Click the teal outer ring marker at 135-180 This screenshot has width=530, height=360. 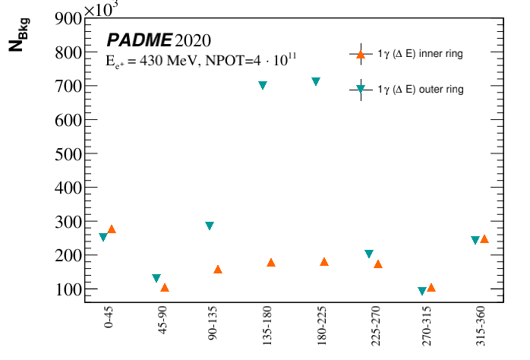pyautogui.click(x=263, y=85)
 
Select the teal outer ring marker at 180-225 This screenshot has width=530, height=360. pyautogui.click(x=316, y=81)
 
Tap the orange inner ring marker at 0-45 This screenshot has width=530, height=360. pyautogui.click(x=112, y=229)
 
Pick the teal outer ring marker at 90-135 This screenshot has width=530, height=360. pyautogui.click(x=210, y=226)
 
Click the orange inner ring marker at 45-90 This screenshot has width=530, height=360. pyautogui.click(x=165, y=287)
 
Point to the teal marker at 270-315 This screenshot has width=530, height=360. pyautogui.click(x=422, y=291)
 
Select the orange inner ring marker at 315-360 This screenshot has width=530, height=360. pyautogui.click(x=484, y=238)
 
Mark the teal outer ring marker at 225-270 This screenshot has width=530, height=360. pyautogui.click(x=369, y=254)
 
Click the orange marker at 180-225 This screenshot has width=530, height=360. pyautogui.click(x=324, y=261)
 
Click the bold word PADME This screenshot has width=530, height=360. pyautogui.click(x=139, y=40)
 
